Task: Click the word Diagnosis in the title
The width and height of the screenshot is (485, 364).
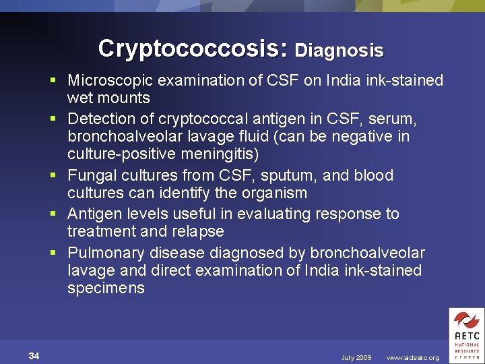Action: [x=339, y=51]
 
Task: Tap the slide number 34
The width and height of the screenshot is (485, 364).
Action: [x=34, y=356]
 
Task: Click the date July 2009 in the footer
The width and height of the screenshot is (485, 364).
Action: [x=356, y=358]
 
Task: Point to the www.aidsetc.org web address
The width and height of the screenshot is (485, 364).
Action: [x=413, y=358]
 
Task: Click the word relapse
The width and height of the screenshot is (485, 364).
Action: [x=200, y=231]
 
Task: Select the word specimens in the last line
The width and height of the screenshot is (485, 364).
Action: [x=106, y=289]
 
